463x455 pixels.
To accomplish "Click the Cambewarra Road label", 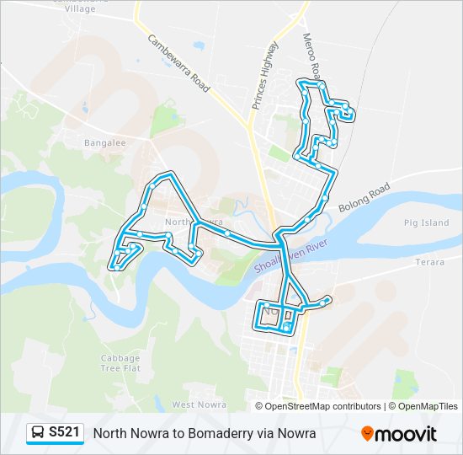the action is (x=179, y=63).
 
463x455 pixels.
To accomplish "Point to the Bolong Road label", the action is (x=365, y=197).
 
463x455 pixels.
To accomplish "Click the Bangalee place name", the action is (x=104, y=143).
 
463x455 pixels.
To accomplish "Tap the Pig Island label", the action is (x=427, y=222).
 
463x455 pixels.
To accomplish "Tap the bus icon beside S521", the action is (x=38, y=433).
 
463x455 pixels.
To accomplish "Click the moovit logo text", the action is (x=407, y=434).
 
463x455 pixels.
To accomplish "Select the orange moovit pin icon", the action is (x=367, y=434).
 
